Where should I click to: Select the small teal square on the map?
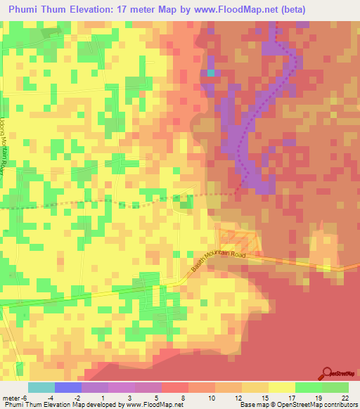210,73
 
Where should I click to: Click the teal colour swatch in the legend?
41,387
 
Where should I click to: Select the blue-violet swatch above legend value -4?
67,387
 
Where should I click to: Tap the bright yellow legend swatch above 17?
281,387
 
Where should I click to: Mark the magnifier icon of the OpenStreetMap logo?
326,373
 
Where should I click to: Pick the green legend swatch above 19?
308,387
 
